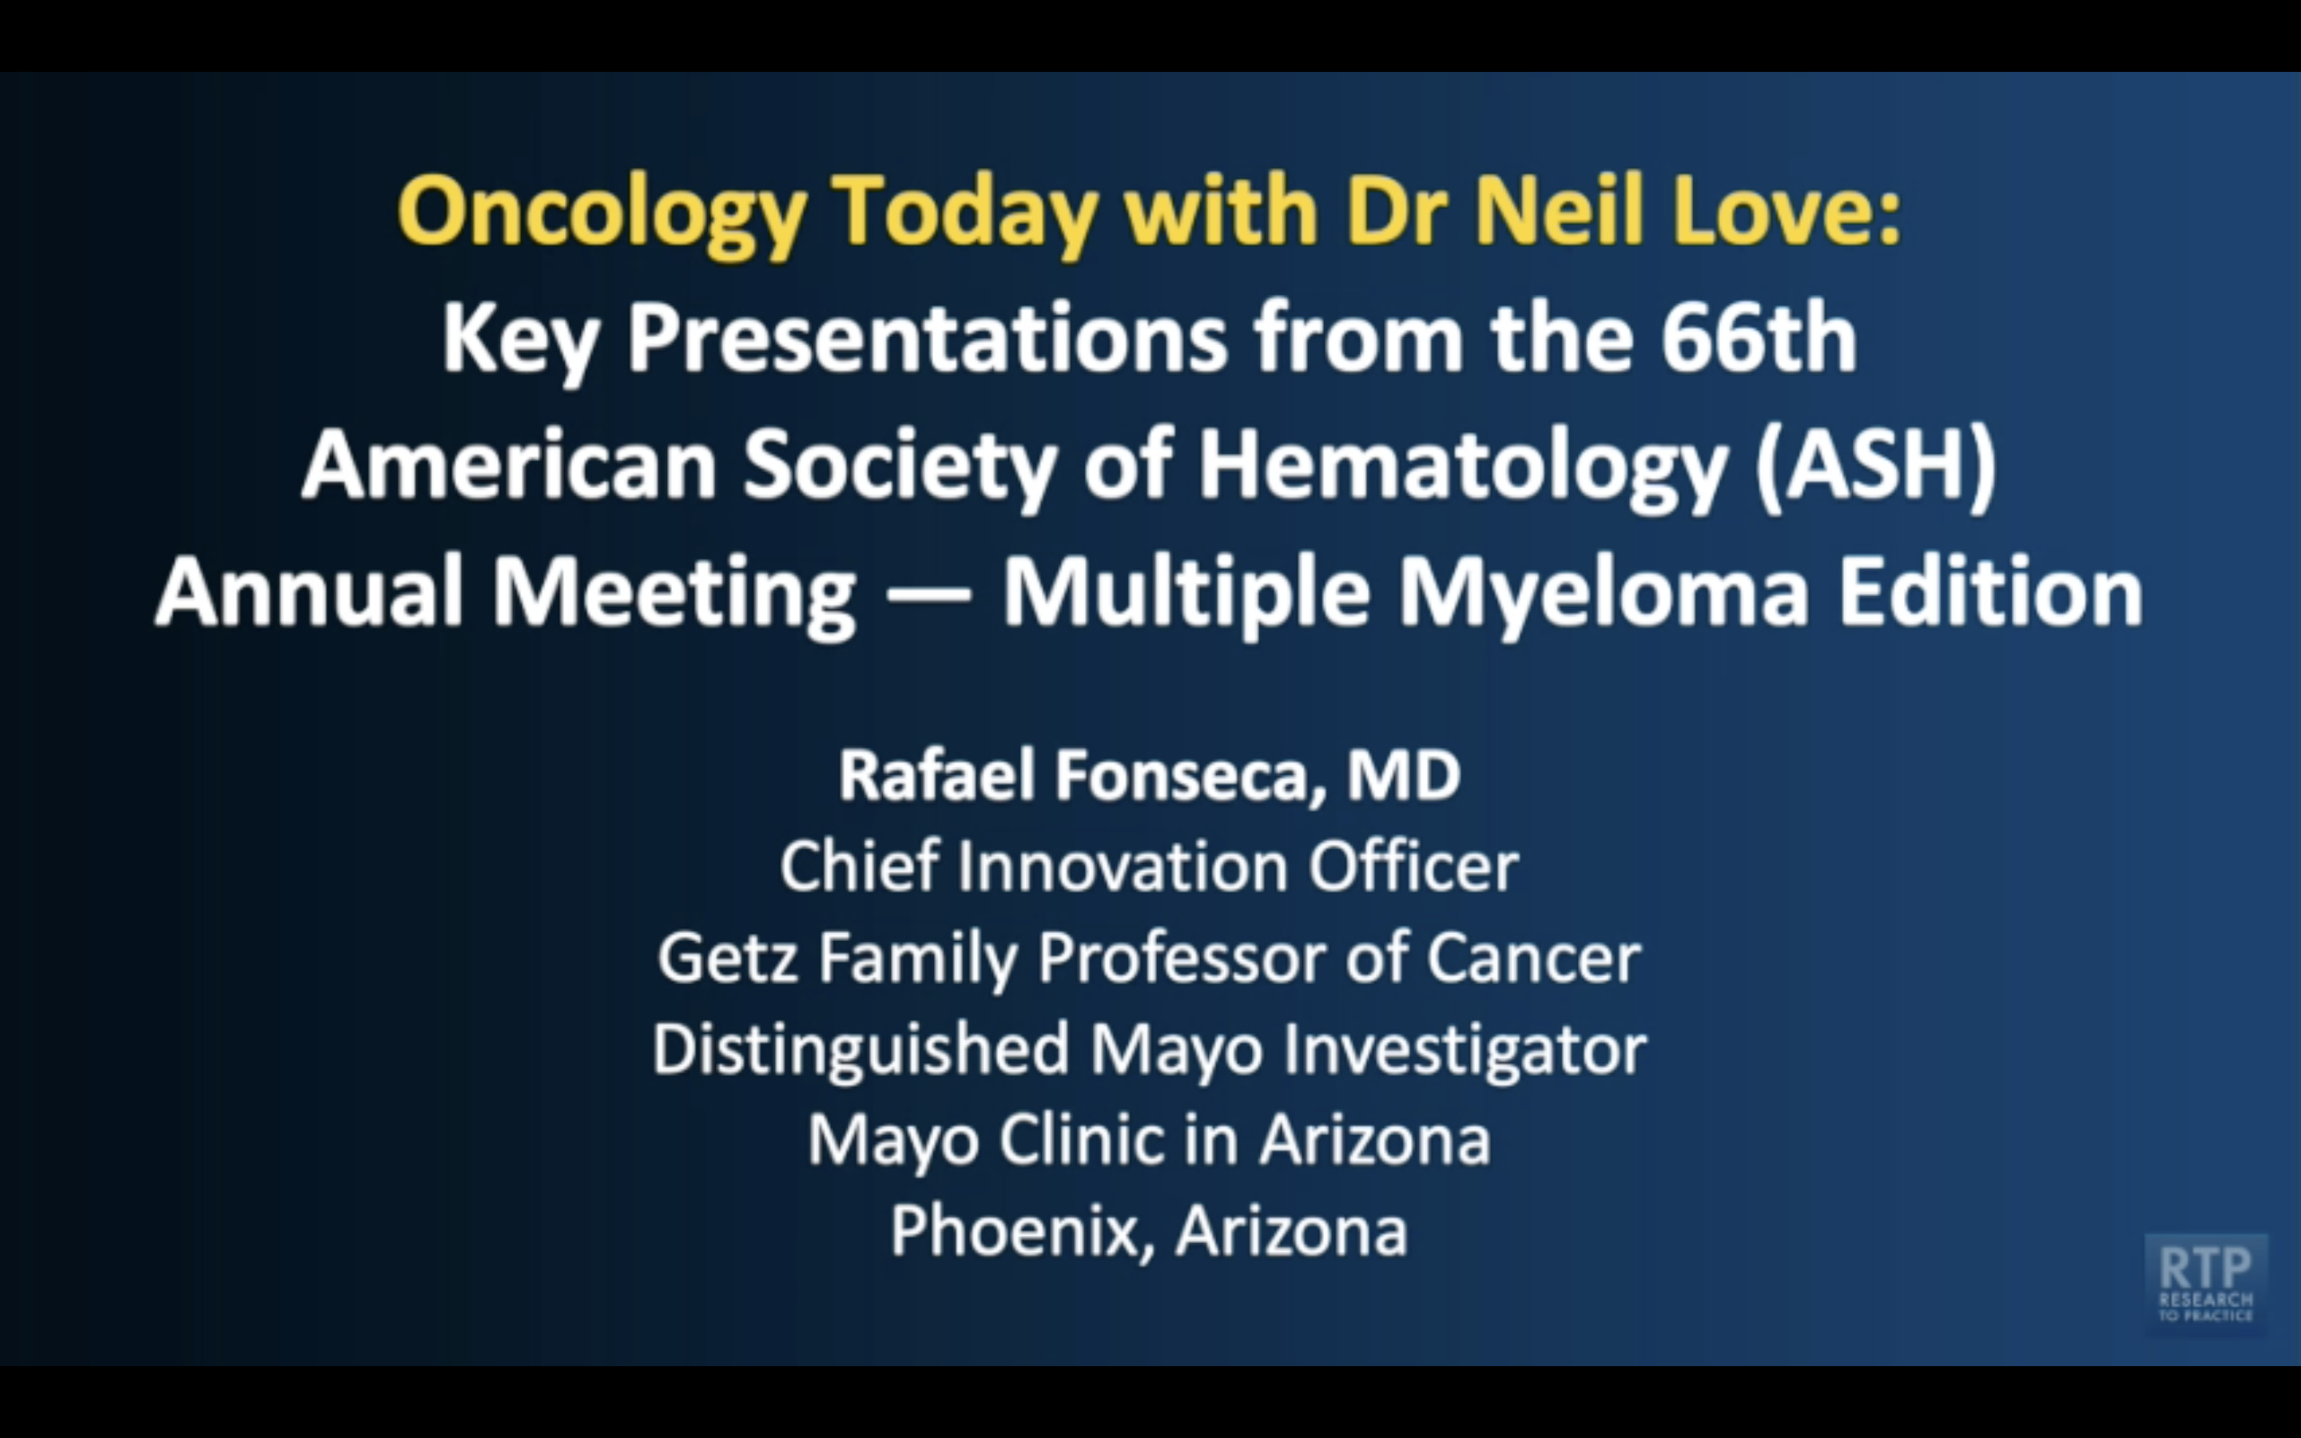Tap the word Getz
727,957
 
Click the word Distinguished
860,1050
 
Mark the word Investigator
1464,1048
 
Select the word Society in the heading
899,466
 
